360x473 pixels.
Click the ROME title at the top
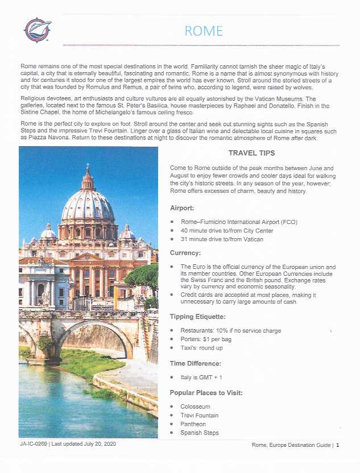(204, 31)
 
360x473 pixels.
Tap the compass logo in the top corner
(38, 30)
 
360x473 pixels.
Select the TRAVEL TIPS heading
(251, 153)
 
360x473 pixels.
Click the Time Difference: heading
(195, 363)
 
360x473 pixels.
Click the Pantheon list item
(193, 424)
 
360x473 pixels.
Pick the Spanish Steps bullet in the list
(199, 433)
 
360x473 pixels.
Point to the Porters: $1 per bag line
(206, 339)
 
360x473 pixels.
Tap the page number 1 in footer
(337, 445)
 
